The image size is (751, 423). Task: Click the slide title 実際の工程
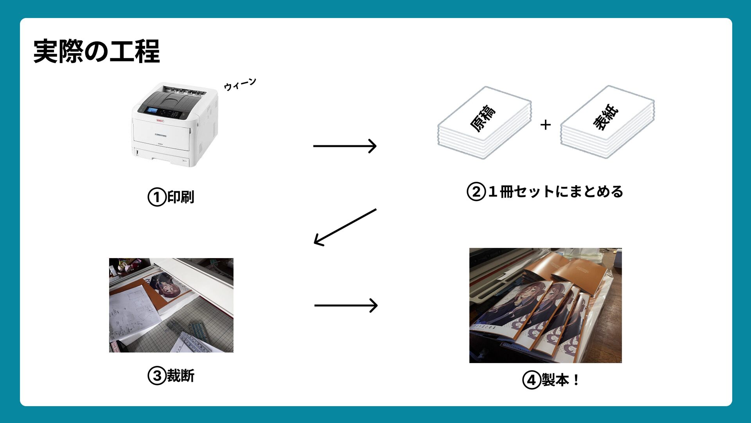point(97,51)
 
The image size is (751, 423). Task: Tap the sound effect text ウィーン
point(240,84)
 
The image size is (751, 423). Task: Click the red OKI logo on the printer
point(160,121)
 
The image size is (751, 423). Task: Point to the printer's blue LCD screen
point(151,110)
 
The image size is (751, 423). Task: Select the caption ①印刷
point(171,197)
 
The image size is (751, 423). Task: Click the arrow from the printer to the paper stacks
point(345,146)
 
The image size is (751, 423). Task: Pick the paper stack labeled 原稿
point(485,122)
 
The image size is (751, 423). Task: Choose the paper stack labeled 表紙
point(607,121)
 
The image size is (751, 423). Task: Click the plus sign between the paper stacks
point(545,125)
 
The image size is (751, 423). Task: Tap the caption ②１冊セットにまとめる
point(545,192)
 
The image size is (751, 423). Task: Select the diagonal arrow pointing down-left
point(345,227)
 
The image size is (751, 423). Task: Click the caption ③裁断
point(171,376)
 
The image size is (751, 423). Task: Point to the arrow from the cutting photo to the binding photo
point(346,305)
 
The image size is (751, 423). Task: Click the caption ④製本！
point(551,380)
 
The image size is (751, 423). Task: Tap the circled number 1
point(157,197)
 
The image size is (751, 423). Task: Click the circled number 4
point(532,380)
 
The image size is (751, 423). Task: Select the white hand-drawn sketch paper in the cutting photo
point(133,313)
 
